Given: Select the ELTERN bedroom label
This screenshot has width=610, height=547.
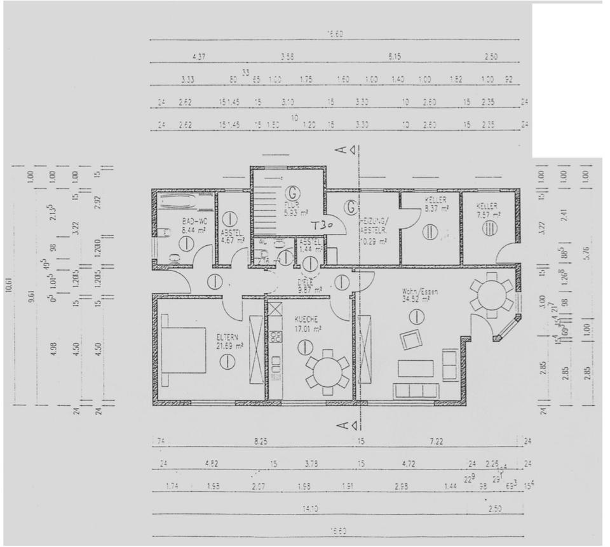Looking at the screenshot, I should [x=227, y=337].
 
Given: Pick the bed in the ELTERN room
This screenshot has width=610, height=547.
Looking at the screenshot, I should [x=184, y=350].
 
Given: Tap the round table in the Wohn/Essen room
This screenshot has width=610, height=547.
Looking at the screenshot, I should [x=491, y=295].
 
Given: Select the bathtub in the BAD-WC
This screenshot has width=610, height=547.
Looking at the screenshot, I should [x=186, y=202].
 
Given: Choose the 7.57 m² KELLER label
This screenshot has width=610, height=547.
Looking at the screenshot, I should [x=487, y=209].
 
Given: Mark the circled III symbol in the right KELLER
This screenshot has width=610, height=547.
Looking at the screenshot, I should [x=490, y=228].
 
